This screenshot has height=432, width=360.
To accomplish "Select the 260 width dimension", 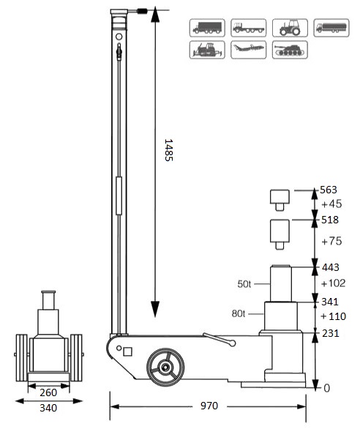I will click(49, 392).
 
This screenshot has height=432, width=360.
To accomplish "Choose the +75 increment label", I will click(331, 242).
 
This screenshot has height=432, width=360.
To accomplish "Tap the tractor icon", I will click(288, 28).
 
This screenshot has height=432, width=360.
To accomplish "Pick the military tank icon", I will click(288, 50).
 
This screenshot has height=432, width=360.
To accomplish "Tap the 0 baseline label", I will click(327, 387).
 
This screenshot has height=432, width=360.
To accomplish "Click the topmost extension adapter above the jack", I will click(279, 197).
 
